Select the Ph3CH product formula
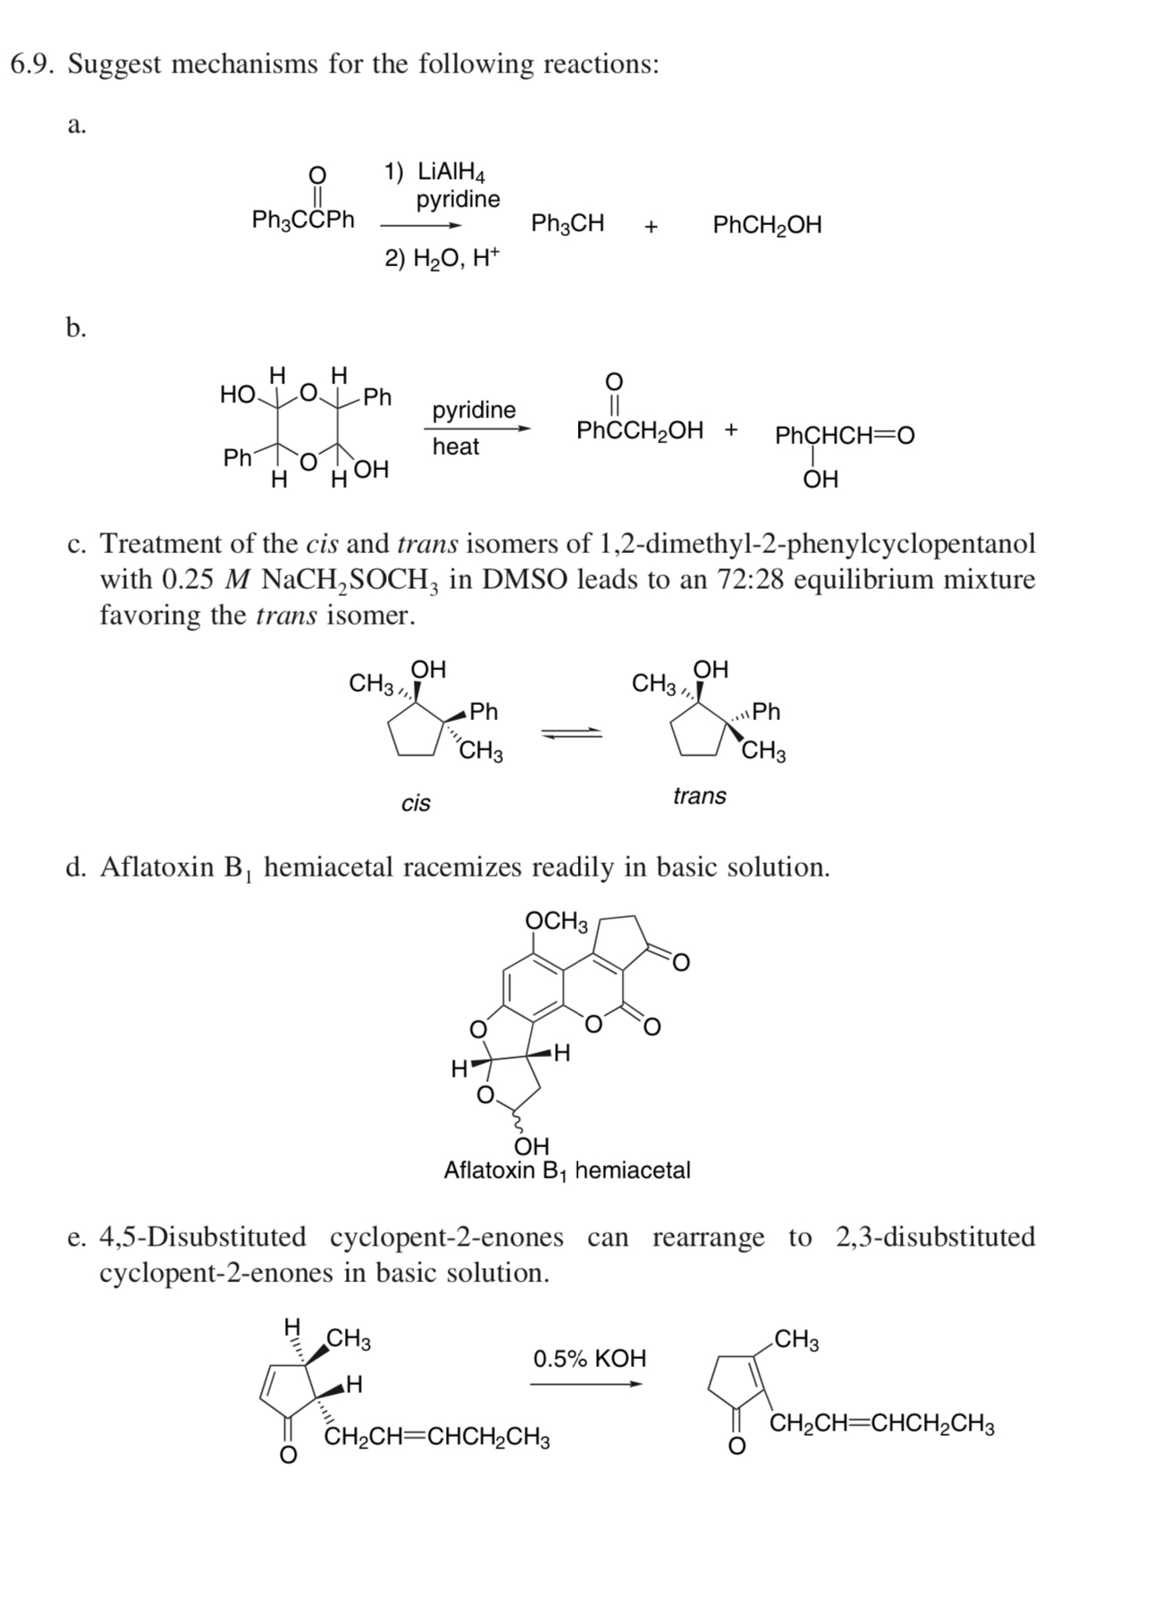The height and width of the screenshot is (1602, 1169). coord(568,223)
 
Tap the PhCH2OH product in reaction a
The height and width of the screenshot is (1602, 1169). coord(767,225)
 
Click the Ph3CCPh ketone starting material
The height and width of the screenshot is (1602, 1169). coord(303,219)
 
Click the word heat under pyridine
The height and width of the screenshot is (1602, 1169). coord(456,446)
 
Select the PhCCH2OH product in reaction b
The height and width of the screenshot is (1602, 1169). coord(640,430)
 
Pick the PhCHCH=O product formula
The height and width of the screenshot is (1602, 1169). coord(845,436)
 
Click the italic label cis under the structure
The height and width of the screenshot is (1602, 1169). coord(416,803)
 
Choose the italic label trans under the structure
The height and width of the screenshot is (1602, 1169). coord(699,795)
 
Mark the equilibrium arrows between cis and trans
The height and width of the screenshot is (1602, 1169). coord(571,733)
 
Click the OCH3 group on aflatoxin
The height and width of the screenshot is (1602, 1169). coord(556,920)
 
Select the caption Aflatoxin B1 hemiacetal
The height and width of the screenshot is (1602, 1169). coord(567,1170)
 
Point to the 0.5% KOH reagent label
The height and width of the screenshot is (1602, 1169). coord(589,1358)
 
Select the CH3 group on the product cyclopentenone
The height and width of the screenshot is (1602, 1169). coord(797,1340)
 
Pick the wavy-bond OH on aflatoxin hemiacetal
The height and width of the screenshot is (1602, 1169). coord(532,1146)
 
